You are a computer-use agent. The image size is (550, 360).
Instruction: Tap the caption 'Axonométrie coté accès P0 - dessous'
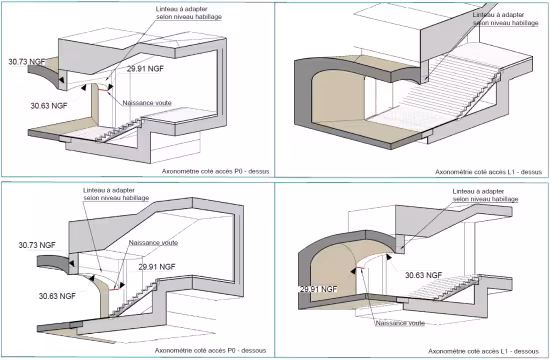click(211, 352)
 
